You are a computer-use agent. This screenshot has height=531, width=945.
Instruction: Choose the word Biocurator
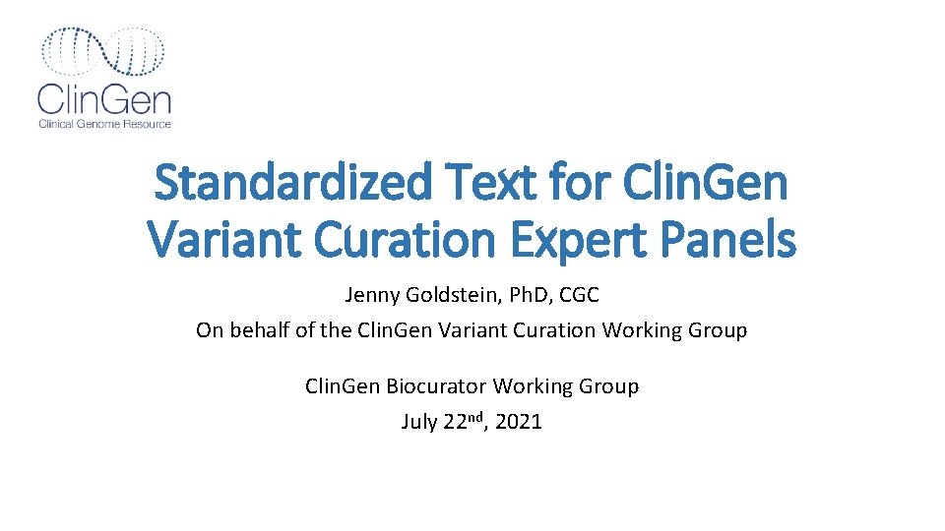pos(436,386)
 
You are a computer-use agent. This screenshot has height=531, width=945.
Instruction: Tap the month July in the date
pos(419,423)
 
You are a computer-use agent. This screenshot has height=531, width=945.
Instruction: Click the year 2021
pos(519,423)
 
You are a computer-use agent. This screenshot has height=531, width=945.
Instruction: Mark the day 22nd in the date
pos(464,422)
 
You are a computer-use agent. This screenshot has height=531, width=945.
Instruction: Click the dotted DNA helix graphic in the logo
pos(103,51)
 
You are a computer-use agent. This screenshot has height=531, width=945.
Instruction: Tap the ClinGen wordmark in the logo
pos(104,99)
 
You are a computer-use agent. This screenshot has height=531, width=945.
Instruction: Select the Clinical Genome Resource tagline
pos(104,124)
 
